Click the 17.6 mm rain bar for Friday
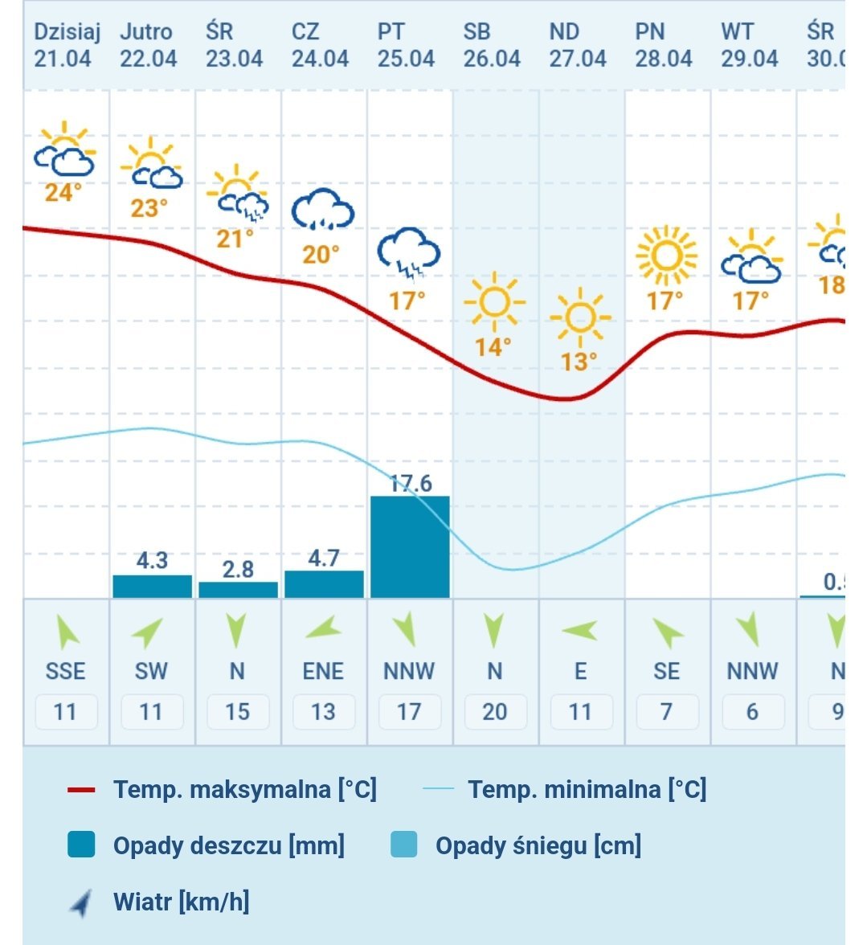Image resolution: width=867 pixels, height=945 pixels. point(410,546)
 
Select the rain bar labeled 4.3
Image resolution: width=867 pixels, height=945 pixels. point(152,586)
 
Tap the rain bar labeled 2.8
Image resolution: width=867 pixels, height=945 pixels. point(238,590)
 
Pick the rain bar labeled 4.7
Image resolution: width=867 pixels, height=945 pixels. point(324,584)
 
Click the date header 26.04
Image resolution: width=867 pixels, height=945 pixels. point(492,59)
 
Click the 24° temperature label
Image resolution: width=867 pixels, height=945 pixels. point(63,193)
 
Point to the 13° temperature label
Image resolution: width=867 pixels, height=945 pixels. point(579,362)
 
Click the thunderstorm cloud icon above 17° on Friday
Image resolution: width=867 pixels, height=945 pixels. point(409,252)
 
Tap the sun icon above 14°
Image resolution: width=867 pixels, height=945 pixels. point(494,302)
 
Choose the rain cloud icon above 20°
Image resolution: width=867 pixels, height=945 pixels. point(322,209)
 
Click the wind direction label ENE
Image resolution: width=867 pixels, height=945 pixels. point(323,671)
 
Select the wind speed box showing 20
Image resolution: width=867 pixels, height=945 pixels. point(494,712)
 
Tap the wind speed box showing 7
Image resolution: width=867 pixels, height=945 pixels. point(666,712)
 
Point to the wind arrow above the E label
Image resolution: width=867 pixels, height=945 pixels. point(579,631)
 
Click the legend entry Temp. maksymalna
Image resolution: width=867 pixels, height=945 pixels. point(244,790)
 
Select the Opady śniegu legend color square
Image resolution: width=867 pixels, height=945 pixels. point(403,845)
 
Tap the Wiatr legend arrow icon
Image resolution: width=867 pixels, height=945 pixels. point(81,903)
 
